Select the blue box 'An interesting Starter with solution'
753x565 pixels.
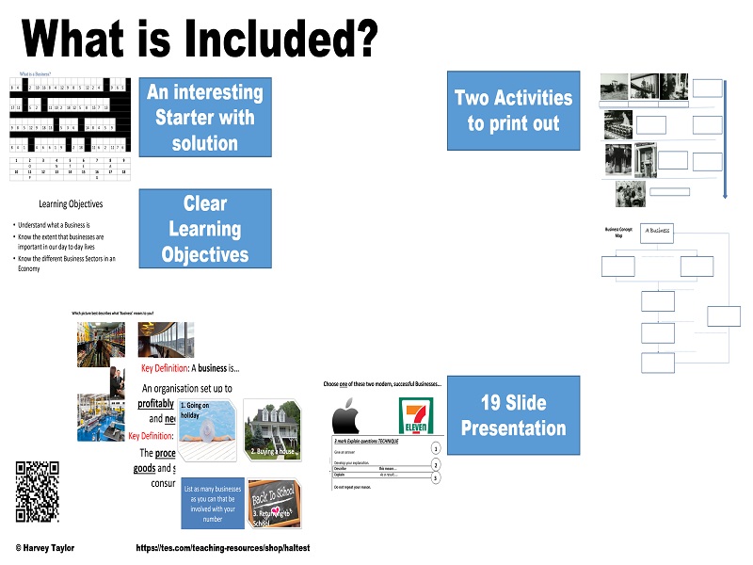205,118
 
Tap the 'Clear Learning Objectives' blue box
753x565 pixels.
205,229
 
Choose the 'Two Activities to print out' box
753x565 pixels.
513,110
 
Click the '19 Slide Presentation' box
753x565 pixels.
513,415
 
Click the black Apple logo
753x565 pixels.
347,416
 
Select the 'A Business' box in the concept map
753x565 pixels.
659,232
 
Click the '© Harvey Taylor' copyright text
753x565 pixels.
45,547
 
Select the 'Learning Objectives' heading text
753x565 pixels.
71,203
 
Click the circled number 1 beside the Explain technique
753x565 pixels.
435,449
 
